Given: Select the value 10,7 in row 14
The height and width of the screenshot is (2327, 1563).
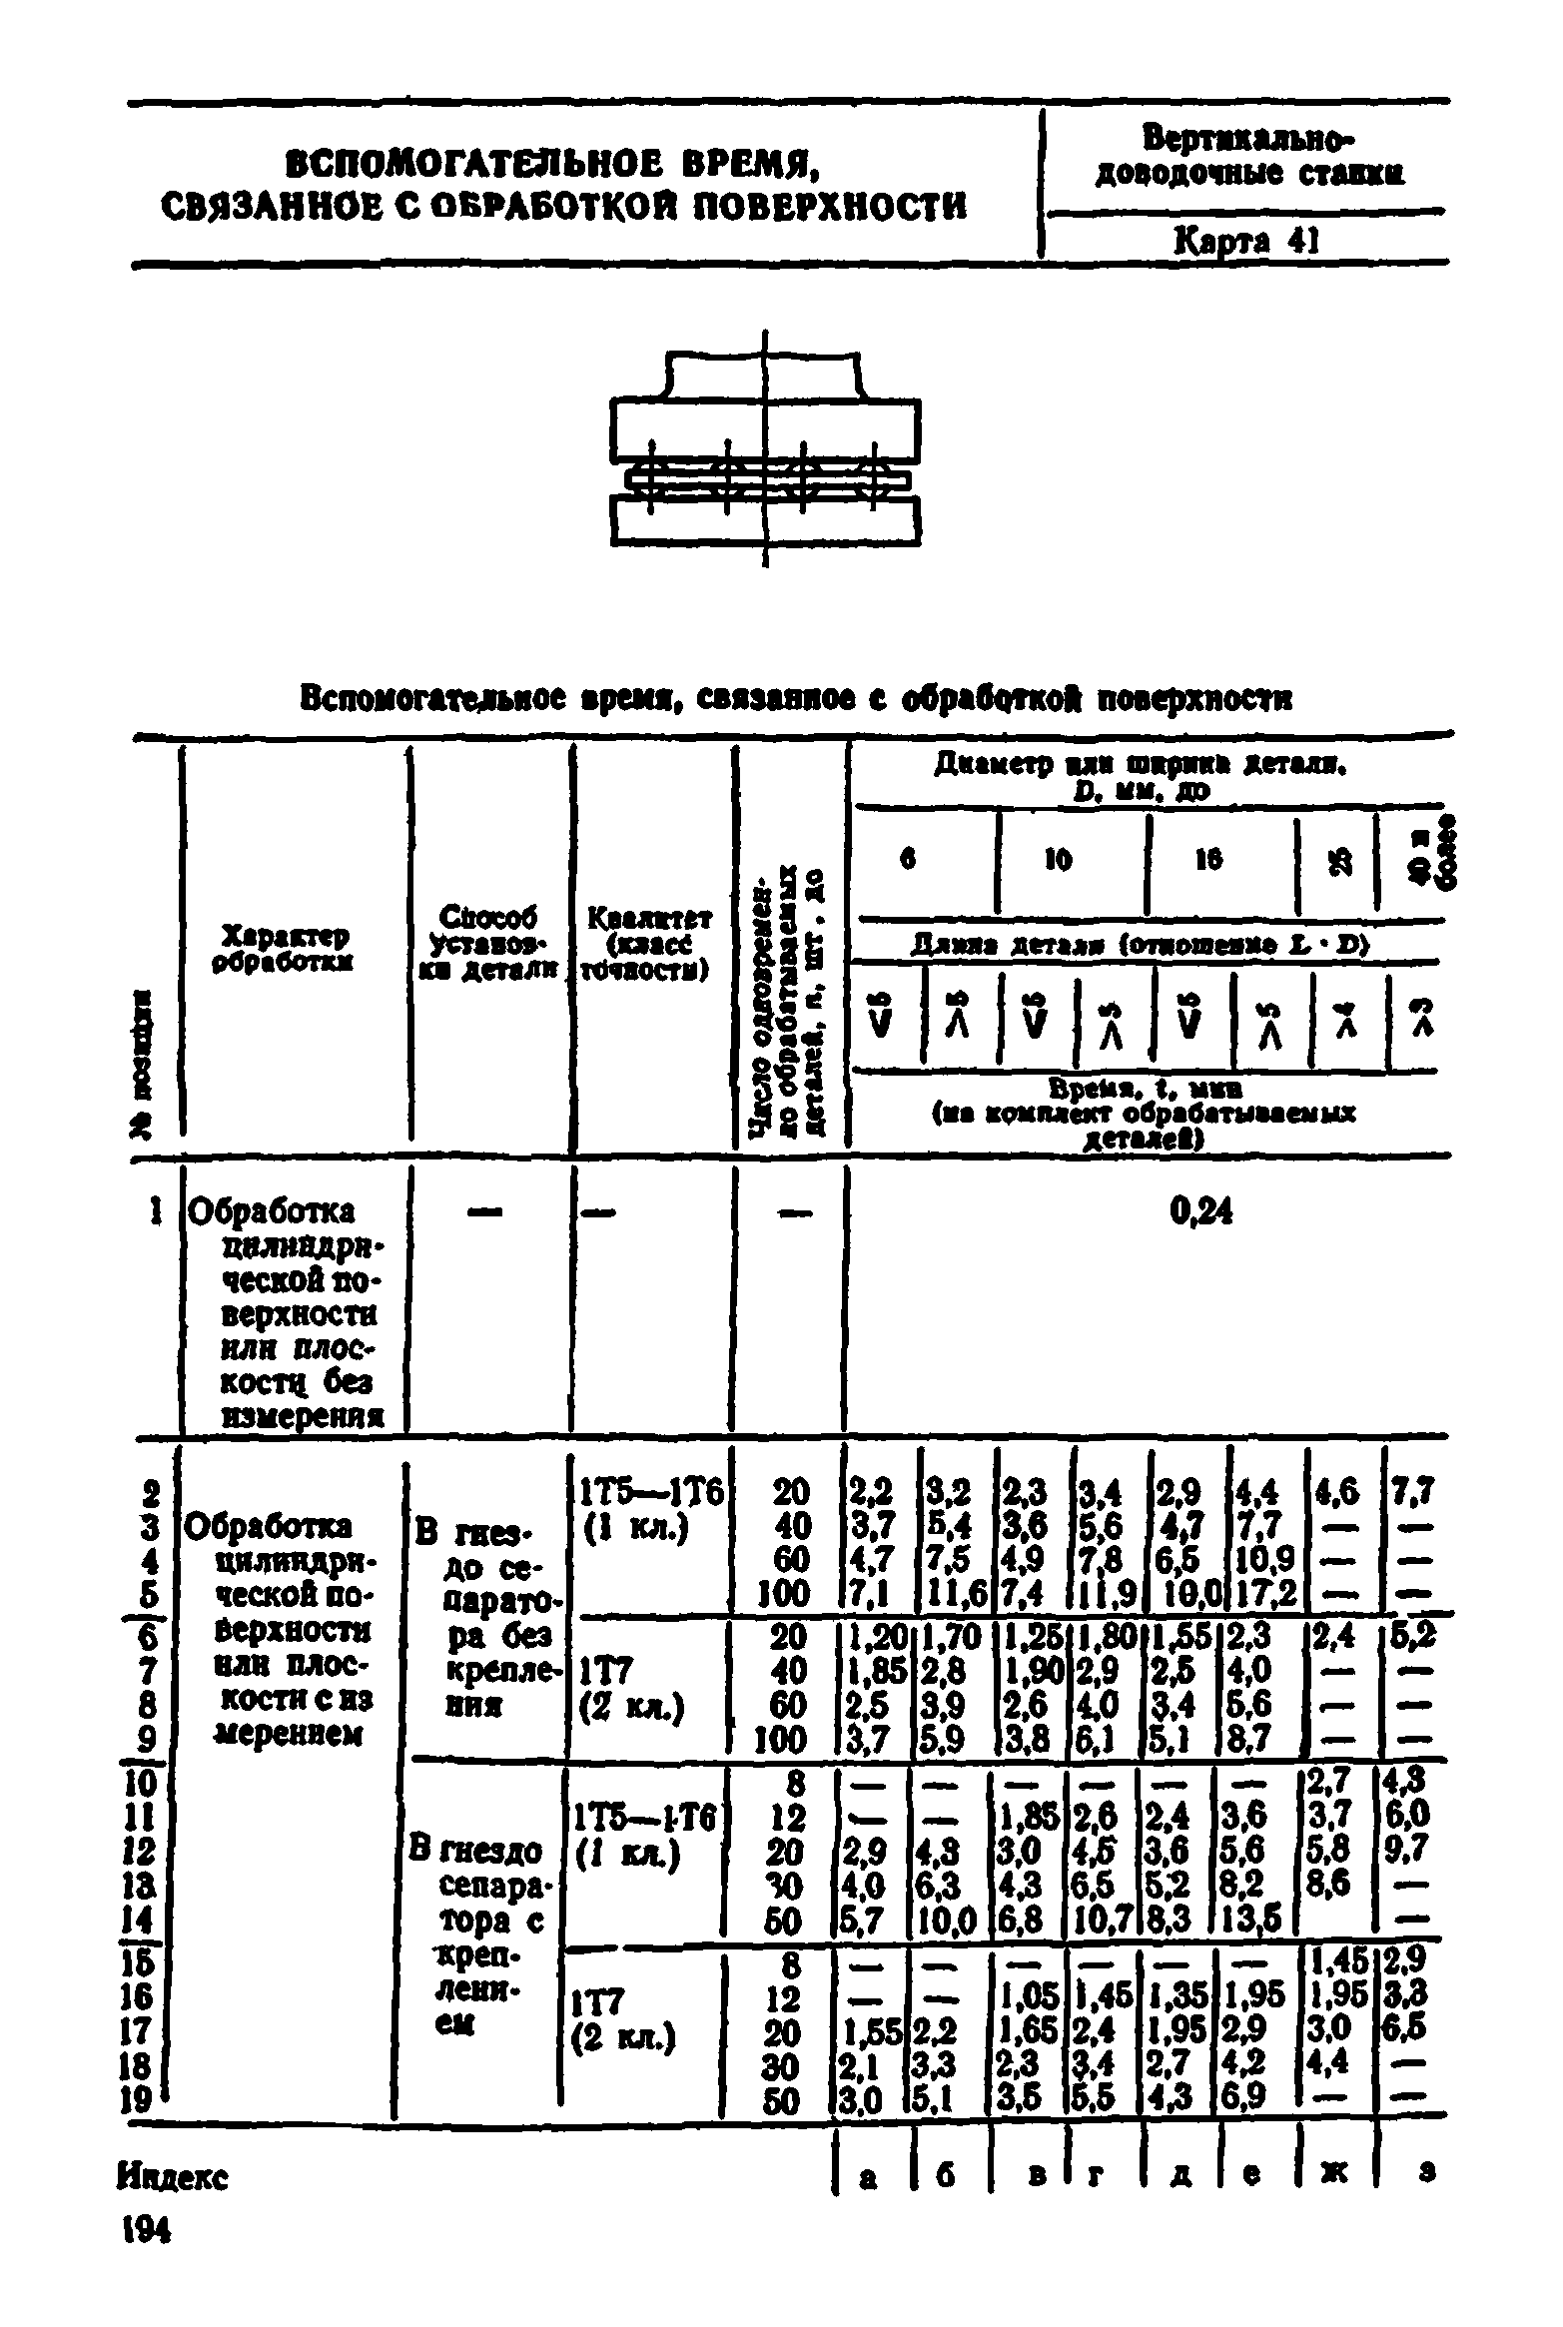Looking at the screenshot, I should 1104,1921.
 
